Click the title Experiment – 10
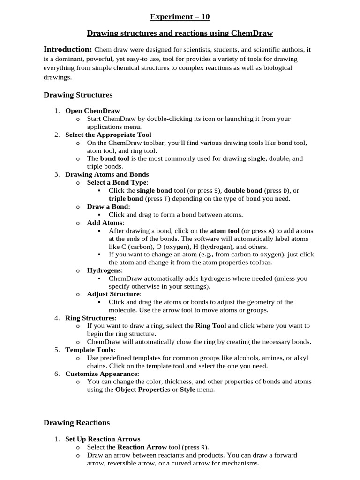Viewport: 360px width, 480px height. [180, 17]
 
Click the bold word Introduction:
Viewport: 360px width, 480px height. [67, 49]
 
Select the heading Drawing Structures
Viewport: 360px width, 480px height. [78, 95]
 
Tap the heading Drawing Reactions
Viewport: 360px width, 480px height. [76, 422]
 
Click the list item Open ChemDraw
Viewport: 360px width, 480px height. [92, 111]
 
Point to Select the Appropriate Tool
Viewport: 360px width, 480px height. [108, 135]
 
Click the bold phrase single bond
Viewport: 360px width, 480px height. [154, 191]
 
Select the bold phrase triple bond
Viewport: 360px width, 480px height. [126, 198]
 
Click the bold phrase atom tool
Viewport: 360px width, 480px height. [225, 231]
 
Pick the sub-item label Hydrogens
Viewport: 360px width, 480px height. [104, 270]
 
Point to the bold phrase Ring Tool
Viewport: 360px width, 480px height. [210, 325]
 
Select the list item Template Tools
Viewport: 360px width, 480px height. [90, 350]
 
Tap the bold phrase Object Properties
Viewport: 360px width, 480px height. [142, 390]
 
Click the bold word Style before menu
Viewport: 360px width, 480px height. [187, 390]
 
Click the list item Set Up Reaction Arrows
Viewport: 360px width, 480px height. [103, 439]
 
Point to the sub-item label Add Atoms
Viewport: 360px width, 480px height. [105, 223]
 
